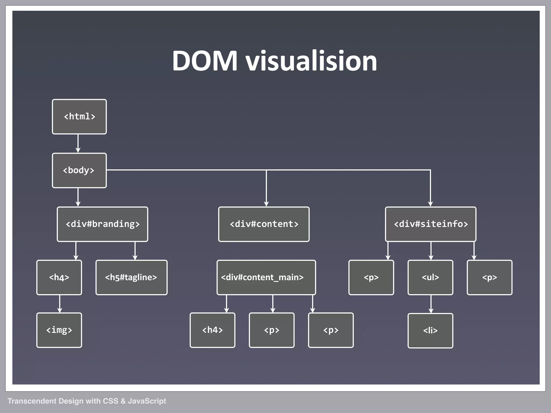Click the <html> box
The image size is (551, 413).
[x=79, y=117]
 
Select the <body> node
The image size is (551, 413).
[x=79, y=170]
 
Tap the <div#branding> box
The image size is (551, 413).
[x=103, y=224]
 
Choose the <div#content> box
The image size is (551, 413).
[x=264, y=224]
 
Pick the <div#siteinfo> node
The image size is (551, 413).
[x=430, y=224]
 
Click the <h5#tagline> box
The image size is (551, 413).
[x=131, y=277]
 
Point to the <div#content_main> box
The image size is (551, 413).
[x=266, y=277]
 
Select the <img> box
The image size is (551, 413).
[x=59, y=330]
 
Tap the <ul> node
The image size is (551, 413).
[x=430, y=277]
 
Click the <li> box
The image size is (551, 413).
[x=430, y=331]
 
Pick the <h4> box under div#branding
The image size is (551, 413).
[x=59, y=277]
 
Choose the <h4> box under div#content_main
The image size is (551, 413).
[x=213, y=330]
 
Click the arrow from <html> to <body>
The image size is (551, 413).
[x=78, y=144]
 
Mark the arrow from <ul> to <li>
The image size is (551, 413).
[x=431, y=304]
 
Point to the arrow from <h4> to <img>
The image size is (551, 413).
[x=60, y=304]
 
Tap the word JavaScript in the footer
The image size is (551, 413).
[x=147, y=401]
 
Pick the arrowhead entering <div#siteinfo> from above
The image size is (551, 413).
[x=430, y=204]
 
